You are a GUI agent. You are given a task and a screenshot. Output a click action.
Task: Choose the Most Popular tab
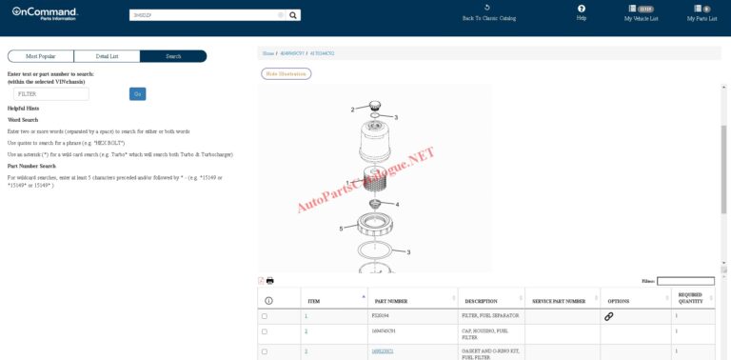click(x=40, y=56)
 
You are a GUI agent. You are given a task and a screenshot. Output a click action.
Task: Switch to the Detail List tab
click(x=106, y=56)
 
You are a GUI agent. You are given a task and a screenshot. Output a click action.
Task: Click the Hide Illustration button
click(x=286, y=73)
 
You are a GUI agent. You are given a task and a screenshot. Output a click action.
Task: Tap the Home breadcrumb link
click(x=268, y=53)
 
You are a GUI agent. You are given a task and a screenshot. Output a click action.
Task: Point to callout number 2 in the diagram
click(x=352, y=110)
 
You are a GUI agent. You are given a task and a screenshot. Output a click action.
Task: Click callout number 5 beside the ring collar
click(x=341, y=229)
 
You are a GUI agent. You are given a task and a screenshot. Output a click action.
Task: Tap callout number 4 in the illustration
click(x=397, y=205)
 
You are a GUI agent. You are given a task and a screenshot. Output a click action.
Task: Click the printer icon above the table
click(x=270, y=281)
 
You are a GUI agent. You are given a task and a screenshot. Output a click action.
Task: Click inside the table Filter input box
click(x=685, y=281)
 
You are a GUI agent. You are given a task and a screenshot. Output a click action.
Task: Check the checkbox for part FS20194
click(x=265, y=315)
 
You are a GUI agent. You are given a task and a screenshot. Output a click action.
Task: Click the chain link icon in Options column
click(x=609, y=315)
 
